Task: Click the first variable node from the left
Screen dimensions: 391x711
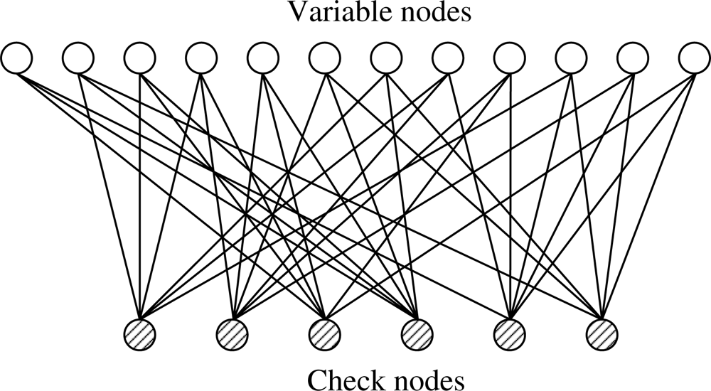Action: (17, 58)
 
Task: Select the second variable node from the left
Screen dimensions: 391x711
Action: (79, 58)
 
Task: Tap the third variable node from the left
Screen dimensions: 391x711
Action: (140, 58)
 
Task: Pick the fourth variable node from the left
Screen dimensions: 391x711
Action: (202, 58)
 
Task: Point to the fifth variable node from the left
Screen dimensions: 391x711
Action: (263, 58)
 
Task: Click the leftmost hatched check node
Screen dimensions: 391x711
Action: (139, 332)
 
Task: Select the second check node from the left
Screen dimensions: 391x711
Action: (232, 332)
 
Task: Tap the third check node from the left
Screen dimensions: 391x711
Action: (324, 332)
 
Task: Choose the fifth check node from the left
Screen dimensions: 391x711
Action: (509, 332)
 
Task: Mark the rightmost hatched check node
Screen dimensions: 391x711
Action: (602, 332)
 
